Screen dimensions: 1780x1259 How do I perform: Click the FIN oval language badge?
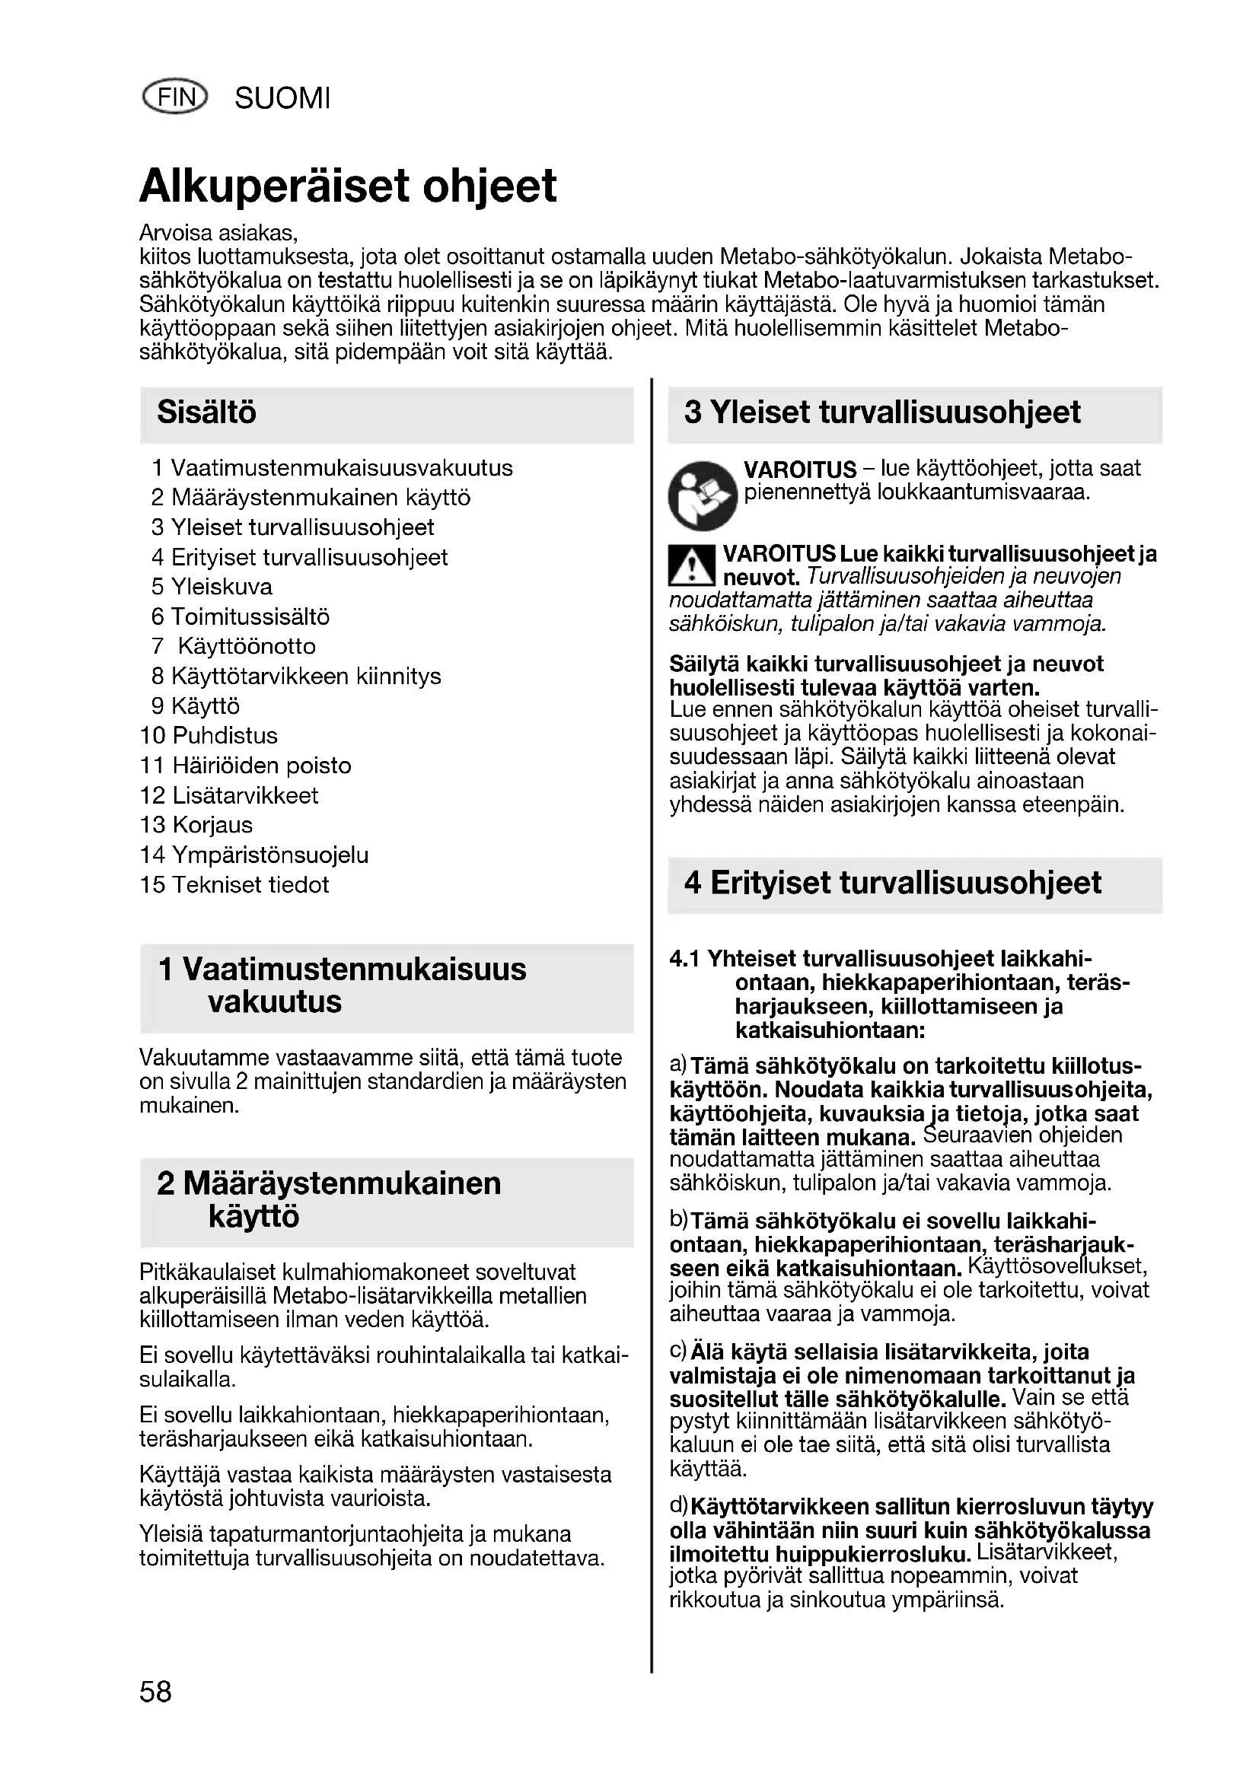[x=176, y=97]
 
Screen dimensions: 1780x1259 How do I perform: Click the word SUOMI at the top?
[x=282, y=99]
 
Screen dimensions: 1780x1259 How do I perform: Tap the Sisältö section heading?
[x=206, y=412]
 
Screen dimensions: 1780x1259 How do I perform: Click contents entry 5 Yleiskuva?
[x=212, y=587]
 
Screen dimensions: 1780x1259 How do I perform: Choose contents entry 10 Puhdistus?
[x=209, y=736]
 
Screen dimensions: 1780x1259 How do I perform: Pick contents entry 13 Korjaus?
[x=196, y=825]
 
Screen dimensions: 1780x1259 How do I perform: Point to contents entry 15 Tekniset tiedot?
[x=234, y=884]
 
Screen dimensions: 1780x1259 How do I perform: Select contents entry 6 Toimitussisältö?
[x=241, y=617]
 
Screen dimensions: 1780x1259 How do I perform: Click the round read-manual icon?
[x=703, y=495]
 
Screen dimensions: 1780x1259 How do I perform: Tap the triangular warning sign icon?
[x=691, y=565]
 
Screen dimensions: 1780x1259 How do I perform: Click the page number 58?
[x=156, y=1691]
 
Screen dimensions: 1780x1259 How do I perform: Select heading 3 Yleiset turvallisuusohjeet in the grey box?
[x=882, y=412]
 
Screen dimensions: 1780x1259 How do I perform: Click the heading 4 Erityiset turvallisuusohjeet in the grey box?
[x=892, y=883]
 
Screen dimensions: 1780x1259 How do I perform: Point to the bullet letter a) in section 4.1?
[x=678, y=1065]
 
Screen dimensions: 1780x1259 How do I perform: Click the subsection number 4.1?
[x=684, y=959]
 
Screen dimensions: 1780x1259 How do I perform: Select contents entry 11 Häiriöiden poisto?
[x=245, y=766]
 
